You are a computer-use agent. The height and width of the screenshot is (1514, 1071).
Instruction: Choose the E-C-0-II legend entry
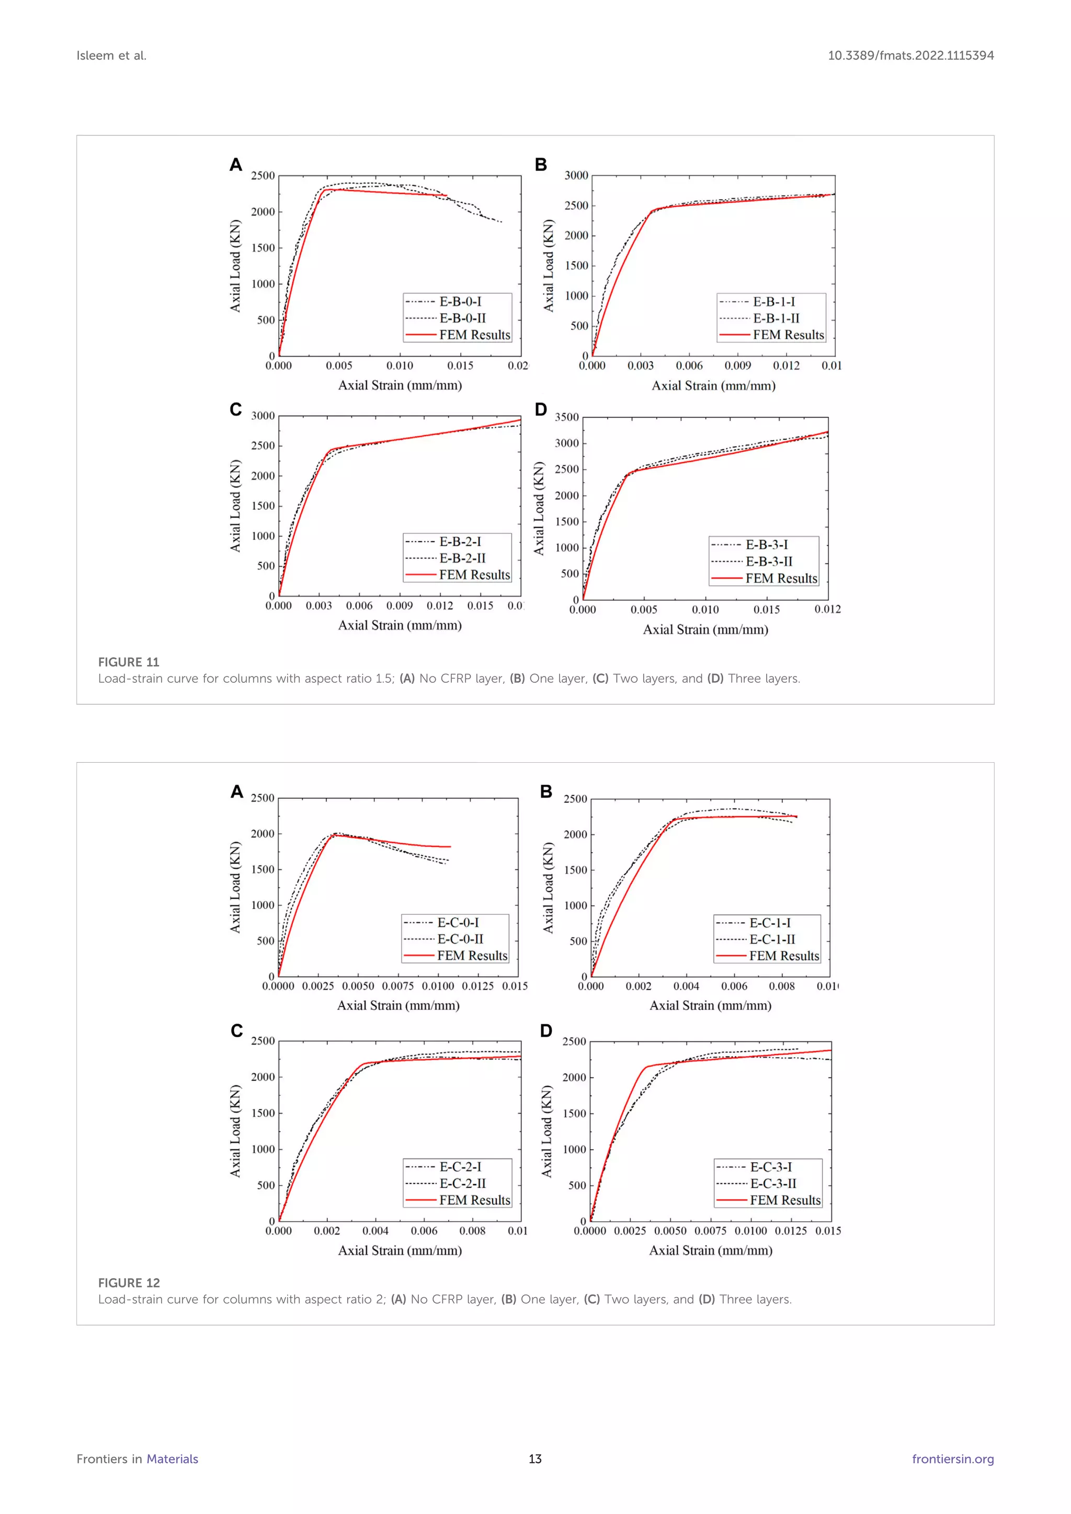(x=460, y=939)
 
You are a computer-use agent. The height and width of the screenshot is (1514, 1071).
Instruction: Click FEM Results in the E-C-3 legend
(x=785, y=1200)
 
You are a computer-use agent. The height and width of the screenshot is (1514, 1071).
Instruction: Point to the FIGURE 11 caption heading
(x=129, y=662)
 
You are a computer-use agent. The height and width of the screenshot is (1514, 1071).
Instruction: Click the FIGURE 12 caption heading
(x=129, y=1282)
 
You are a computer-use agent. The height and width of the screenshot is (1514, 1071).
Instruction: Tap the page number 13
(x=535, y=1459)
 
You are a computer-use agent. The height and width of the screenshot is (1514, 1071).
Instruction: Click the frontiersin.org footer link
(x=952, y=1459)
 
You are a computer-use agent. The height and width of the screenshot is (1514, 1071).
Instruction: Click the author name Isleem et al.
(x=111, y=55)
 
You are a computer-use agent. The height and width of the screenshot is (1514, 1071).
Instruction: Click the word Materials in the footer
(x=172, y=1459)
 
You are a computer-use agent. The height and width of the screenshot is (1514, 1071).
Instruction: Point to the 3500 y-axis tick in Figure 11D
(x=566, y=417)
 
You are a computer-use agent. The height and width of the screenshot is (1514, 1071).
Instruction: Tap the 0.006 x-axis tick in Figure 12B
(x=734, y=986)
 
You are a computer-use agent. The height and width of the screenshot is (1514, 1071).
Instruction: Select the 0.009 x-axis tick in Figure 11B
(x=737, y=365)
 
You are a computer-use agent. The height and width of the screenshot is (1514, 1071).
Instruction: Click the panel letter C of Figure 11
(x=235, y=409)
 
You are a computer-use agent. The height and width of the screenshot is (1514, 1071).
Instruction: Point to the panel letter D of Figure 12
(x=546, y=1030)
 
